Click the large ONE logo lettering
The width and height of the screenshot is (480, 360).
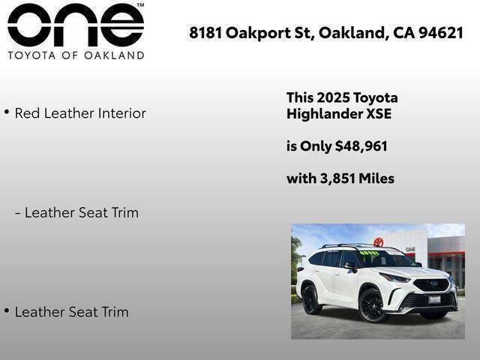[74, 26]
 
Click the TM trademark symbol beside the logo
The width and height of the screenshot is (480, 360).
[140, 5]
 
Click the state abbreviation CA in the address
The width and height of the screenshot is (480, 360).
[404, 33]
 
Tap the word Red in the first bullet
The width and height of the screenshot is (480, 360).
[27, 113]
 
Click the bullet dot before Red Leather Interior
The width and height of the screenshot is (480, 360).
[7, 112]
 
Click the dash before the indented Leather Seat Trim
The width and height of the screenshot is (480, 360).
[18, 213]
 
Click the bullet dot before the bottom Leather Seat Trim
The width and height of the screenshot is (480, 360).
[7, 310]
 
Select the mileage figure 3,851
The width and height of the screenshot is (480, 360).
[338, 178]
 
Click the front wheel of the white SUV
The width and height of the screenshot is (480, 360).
[373, 306]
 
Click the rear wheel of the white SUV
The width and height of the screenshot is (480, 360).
[310, 299]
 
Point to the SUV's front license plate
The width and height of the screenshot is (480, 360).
[434, 298]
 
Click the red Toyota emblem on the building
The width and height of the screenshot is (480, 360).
[379, 242]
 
